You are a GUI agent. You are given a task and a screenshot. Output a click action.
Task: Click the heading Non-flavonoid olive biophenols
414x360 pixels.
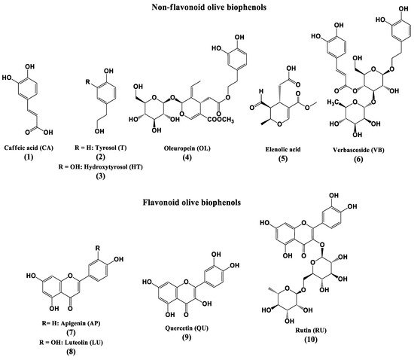click(x=209, y=7)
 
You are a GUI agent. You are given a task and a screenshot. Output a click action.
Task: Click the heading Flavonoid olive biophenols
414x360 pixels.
click(x=192, y=203)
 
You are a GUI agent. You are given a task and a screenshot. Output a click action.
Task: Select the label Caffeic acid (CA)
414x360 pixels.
click(x=29, y=148)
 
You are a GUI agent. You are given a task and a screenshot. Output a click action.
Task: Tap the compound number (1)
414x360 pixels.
click(x=29, y=157)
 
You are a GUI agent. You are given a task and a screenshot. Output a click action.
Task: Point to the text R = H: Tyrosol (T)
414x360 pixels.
click(x=101, y=148)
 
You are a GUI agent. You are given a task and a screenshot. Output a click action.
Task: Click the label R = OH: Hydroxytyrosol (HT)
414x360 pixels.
click(x=101, y=166)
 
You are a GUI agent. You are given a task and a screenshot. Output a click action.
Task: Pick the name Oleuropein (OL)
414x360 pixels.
click(x=187, y=148)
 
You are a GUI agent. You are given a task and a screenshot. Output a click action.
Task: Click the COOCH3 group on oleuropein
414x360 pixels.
click(x=221, y=120)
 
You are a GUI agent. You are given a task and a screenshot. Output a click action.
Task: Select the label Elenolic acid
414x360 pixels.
click(x=283, y=149)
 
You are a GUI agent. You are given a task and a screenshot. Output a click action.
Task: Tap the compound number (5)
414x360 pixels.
click(x=283, y=158)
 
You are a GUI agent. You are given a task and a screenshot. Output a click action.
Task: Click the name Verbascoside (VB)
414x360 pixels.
click(x=358, y=150)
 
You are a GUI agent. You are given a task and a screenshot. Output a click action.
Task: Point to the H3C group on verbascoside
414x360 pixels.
click(x=333, y=102)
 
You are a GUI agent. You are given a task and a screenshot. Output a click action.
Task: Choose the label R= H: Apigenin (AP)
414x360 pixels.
click(x=71, y=323)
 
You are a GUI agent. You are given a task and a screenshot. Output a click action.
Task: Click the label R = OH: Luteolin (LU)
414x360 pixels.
click(x=71, y=343)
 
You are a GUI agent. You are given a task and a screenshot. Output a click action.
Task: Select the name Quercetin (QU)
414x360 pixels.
click(x=187, y=328)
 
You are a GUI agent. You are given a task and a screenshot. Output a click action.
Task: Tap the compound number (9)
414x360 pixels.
click(x=187, y=337)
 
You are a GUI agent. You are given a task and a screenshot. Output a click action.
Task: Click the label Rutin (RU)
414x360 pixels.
click(x=311, y=330)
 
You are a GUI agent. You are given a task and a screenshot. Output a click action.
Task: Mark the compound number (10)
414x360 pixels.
click(x=311, y=340)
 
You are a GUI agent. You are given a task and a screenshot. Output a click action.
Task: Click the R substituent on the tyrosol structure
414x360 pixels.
click(x=88, y=82)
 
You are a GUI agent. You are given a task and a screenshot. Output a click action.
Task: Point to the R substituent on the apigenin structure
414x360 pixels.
click(x=98, y=249)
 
